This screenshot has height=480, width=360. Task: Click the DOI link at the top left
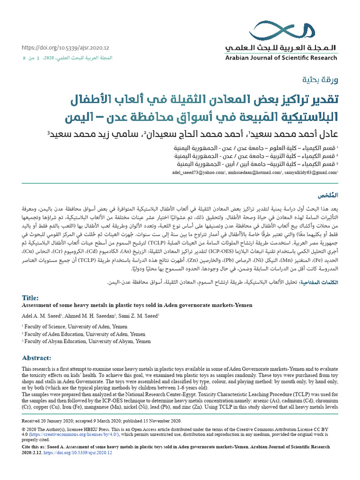point(66,48)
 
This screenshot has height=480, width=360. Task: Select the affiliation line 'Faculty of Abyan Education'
point(86,342)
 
